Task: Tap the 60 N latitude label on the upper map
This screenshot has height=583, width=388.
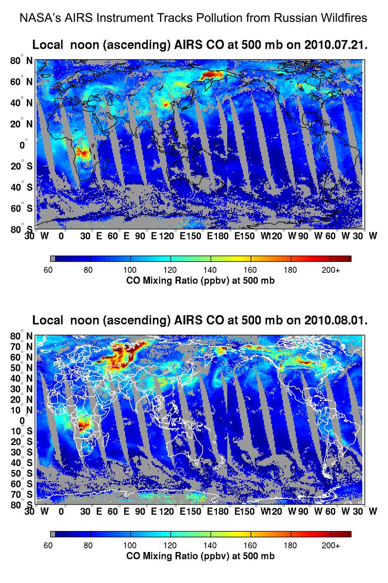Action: pyautogui.click(x=22, y=82)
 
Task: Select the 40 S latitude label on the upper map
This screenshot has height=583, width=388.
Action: pyautogui.click(x=22, y=187)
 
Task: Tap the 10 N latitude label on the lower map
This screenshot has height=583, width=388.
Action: pyautogui.click(x=22, y=409)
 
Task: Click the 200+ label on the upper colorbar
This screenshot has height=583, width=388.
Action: pyautogui.click(x=331, y=270)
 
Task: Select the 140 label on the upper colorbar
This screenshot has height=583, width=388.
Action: pyautogui.click(x=210, y=270)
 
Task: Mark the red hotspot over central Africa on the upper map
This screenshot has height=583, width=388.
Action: pyautogui.click(x=83, y=152)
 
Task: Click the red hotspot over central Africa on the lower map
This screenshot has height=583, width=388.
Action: pyautogui.click(x=83, y=427)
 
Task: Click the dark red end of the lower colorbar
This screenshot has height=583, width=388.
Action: pyautogui.click(x=341, y=534)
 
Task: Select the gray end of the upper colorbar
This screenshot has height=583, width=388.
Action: pyautogui.click(x=53, y=259)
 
